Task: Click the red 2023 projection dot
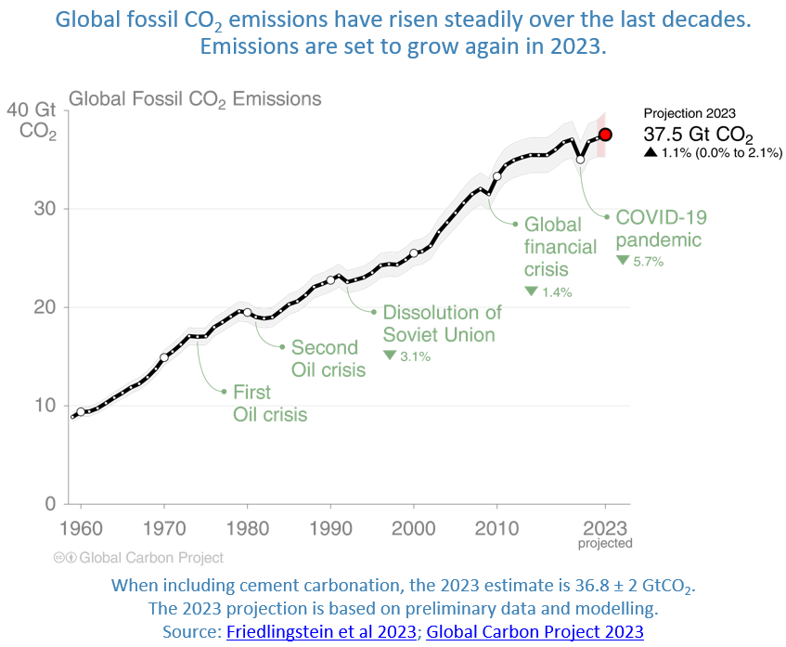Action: (x=605, y=135)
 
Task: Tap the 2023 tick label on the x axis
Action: (x=605, y=527)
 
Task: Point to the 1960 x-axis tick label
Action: (x=81, y=527)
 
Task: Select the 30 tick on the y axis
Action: (x=45, y=209)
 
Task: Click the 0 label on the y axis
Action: (x=50, y=504)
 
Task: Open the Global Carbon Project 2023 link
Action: (x=535, y=631)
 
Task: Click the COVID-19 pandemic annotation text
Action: (x=661, y=228)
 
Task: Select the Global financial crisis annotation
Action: (x=560, y=246)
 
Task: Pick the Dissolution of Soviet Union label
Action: (x=442, y=323)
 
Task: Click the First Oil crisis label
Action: (x=269, y=404)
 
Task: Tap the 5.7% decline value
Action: (x=648, y=262)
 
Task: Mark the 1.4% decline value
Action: (x=556, y=291)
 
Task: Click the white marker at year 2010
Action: (x=497, y=175)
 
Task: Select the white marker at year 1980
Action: (x=247, y=312)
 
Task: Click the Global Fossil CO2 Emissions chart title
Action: (x=196, y=98)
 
